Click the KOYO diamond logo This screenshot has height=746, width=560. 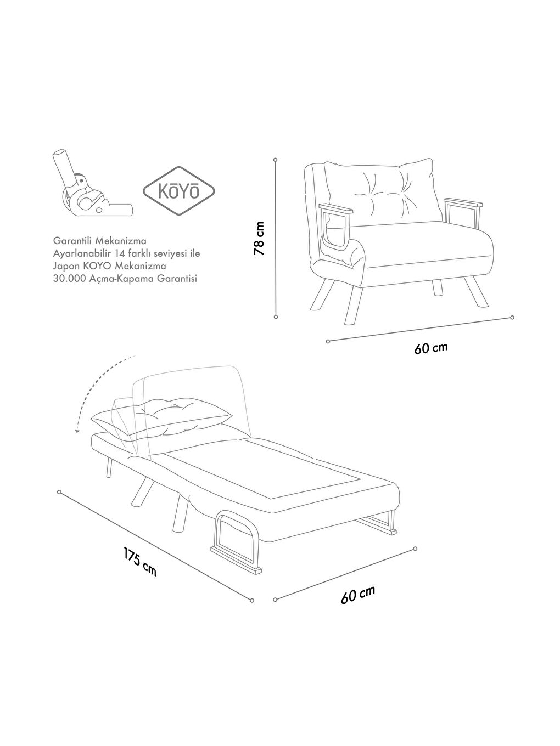click(179, 191)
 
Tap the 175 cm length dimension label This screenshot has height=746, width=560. click(140, 562)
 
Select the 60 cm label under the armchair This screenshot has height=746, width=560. click(431, 348)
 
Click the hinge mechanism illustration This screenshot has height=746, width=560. click(88, 189)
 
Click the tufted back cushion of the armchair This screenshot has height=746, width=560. click(384, 189)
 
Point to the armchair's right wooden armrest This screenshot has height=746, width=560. click(464, 204)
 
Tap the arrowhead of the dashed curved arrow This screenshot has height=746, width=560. click(77, 431)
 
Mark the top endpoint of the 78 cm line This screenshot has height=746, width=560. click(275, 160)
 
